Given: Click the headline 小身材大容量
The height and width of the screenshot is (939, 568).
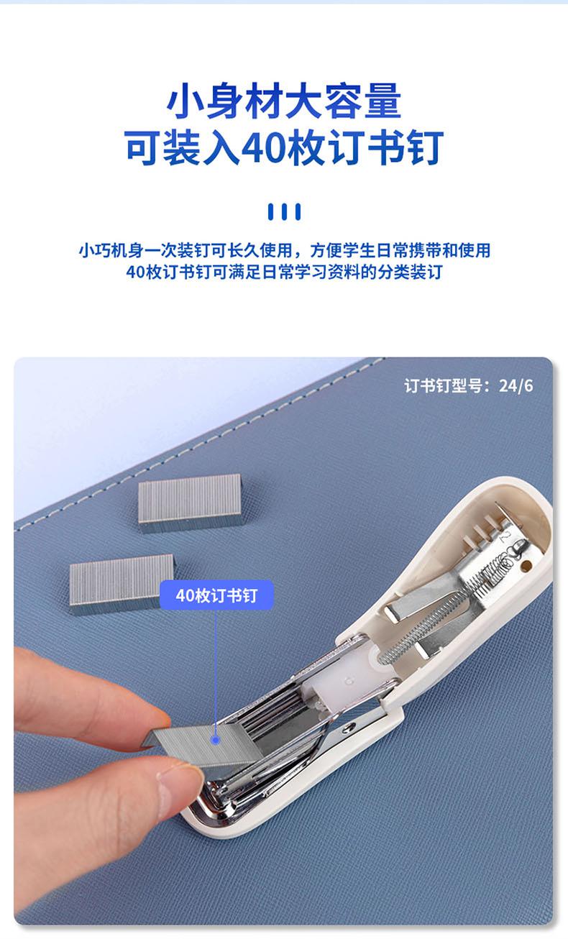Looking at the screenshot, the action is [284, 101].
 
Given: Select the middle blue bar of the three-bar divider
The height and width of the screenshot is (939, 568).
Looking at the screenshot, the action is [284, 211].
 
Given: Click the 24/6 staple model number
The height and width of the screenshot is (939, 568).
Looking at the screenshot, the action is [516, 385].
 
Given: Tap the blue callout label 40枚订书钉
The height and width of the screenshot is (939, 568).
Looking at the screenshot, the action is [216, 595].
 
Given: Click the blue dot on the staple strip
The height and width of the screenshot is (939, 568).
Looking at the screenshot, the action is [216, 741].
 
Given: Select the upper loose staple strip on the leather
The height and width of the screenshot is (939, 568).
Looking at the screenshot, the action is [191, 502].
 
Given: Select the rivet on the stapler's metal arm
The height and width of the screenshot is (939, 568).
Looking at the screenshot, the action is [349, 728].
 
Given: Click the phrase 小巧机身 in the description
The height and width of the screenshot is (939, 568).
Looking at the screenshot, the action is [111, 250].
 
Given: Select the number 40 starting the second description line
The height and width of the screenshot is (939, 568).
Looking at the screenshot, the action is [135, 272].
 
